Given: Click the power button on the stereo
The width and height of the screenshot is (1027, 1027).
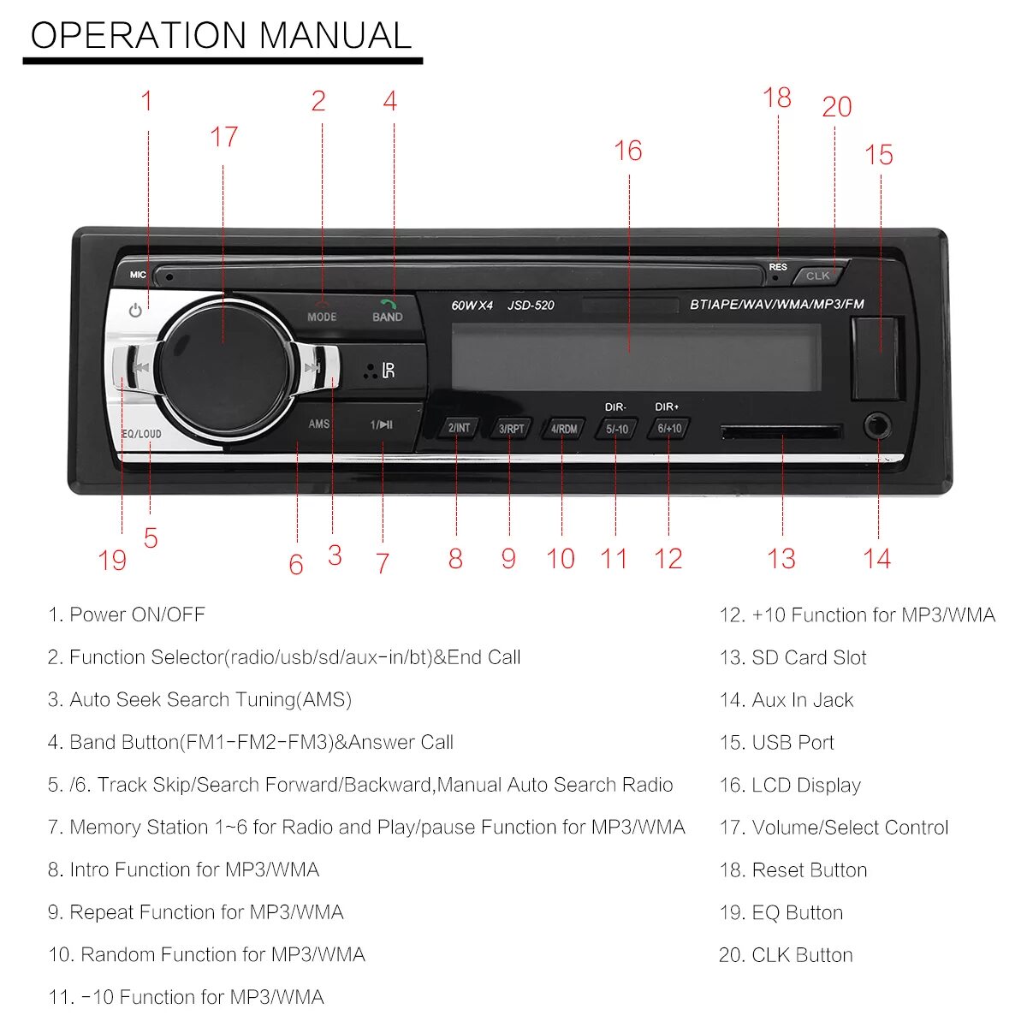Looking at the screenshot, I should (135, 311).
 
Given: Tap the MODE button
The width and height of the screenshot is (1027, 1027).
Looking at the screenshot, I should (322, 312).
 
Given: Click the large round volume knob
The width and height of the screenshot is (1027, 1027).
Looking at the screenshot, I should (223, 367).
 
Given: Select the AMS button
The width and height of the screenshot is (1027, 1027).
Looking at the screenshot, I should (318, 424).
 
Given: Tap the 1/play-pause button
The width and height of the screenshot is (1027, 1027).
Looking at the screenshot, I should (382, 424).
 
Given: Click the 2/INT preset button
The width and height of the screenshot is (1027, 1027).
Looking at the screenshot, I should (459, 428).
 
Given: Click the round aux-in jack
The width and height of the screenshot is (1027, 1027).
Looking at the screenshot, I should (877, 425).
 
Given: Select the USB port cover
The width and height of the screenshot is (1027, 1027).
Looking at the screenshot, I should (876, 358).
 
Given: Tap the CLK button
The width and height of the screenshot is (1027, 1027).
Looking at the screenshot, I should (818, 276).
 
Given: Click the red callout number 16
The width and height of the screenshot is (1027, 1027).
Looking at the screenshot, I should (627, 151).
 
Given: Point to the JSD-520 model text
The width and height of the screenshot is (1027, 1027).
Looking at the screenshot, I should (531, 306).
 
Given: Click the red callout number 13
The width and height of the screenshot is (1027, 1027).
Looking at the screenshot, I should (781, 559).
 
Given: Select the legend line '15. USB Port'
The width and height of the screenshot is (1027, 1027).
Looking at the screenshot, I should (776, 743).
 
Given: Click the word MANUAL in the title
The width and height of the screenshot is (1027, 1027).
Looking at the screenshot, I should (335, 36).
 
